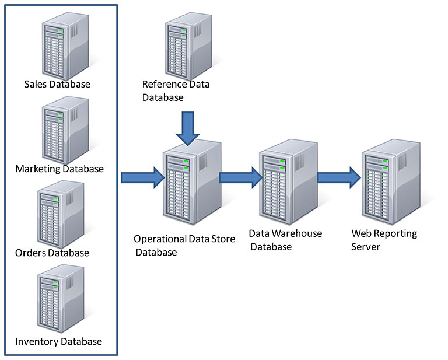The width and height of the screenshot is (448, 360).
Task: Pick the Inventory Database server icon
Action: click(x=60, y=298)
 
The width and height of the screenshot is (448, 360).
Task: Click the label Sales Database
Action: click(x=57, y=84)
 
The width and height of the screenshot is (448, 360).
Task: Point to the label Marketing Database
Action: click(x=60, y=169)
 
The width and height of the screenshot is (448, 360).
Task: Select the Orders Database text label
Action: click(x=52, y=253)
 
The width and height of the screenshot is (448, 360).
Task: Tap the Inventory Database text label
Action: click(x=58, y=341)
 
